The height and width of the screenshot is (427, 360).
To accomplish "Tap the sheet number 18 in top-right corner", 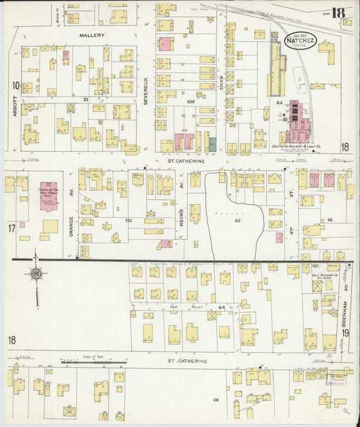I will (x=338, y=12).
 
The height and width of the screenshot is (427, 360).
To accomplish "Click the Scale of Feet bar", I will (x=84, y=363).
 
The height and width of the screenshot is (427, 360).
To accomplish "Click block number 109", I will (x=190, y=101).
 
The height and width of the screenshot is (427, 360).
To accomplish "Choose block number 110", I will (x=128, y=220).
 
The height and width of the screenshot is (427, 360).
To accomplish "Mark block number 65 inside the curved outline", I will (x=237, y=221).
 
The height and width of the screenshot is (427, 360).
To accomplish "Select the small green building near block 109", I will (x=212, y=144).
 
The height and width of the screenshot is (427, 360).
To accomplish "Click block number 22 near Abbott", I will (x=86, y=99).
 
